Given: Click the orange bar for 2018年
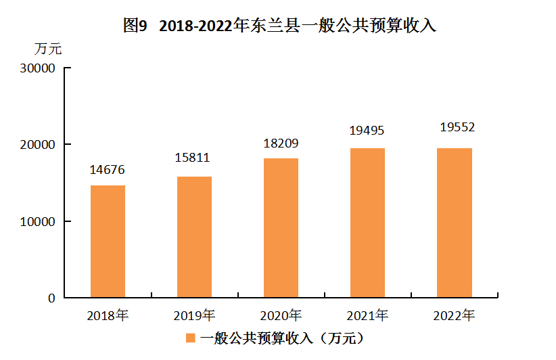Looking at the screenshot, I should pos(108,241).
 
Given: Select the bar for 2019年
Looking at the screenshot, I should pos(194,237).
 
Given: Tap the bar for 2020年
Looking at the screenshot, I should pos(281,227).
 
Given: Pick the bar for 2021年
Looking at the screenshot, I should pos(367,223).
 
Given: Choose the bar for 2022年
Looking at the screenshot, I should pos(455,223).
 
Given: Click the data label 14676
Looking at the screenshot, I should pos(108,170).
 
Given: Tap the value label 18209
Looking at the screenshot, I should pos(281,143).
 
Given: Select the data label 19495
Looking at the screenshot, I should pos(367,131).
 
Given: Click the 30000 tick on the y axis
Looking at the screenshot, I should pos(37,68).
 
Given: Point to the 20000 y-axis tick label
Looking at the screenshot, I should pos(37,145).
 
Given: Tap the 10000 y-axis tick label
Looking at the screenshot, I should pos(37,221).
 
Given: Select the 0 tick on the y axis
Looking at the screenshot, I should pos(51,298).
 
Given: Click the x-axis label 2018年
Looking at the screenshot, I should pos(108,315).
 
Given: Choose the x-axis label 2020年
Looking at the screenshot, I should pos(281,315).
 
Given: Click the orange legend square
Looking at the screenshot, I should pos(191,337).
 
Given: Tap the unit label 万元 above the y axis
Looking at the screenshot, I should pos(48,49).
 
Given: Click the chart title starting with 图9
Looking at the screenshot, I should pos(279,26).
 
